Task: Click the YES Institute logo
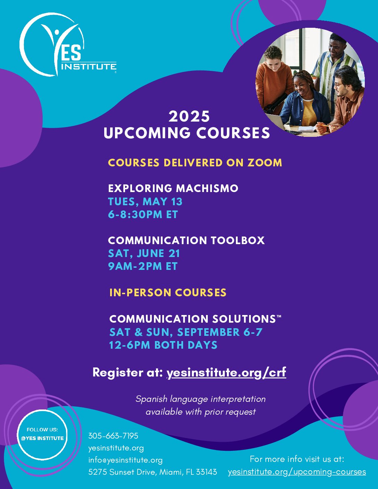click(x=68, y=45)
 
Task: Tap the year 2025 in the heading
click(x=189, y=117)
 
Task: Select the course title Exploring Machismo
click(x=173, y=188)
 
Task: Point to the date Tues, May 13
click(x=145, y=201)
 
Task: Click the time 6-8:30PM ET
click(x=143, y=214)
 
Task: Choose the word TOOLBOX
click(x=238, y=240)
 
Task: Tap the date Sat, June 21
click(x=144, y=254)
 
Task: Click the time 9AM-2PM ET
click(x=143, y=266)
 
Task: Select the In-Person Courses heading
click(x=168, y=292)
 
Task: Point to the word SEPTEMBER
click(x=208, y=332)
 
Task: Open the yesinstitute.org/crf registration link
click(x=226, y=372)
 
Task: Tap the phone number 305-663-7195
click(x=113, y=436)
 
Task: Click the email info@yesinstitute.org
click(x=125, y=460)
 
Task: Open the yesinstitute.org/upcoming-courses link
click(x=297, y=472)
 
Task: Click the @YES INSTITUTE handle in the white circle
click(x=42, y=438)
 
